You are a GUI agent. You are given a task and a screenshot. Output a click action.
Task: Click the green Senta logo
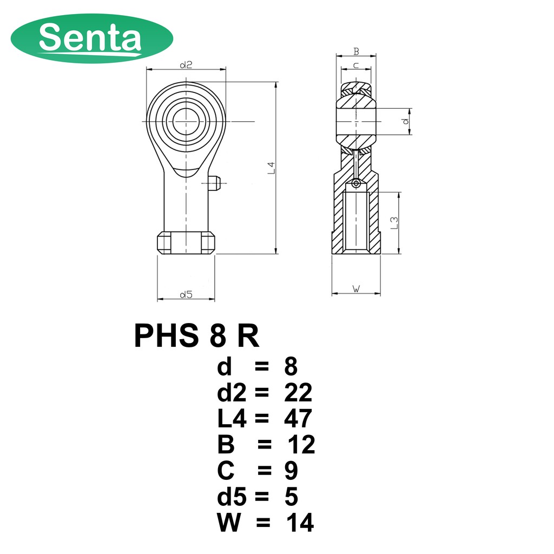pos(92,38)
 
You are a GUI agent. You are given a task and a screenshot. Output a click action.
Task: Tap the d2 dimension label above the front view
pos(186,65)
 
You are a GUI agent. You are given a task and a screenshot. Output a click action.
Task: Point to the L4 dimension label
pos(271,168)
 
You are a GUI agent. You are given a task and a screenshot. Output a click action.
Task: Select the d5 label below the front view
pos(186,294)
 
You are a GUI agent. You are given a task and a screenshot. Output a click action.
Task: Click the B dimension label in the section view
pos(356,51)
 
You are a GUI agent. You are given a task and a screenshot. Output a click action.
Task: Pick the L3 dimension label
pos(394,222)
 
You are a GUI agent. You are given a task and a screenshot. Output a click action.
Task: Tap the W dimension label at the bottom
pos(357,289)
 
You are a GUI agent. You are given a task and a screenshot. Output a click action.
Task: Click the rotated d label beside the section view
pos(406,121)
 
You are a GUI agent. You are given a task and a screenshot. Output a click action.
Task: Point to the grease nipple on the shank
pos(214,183)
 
